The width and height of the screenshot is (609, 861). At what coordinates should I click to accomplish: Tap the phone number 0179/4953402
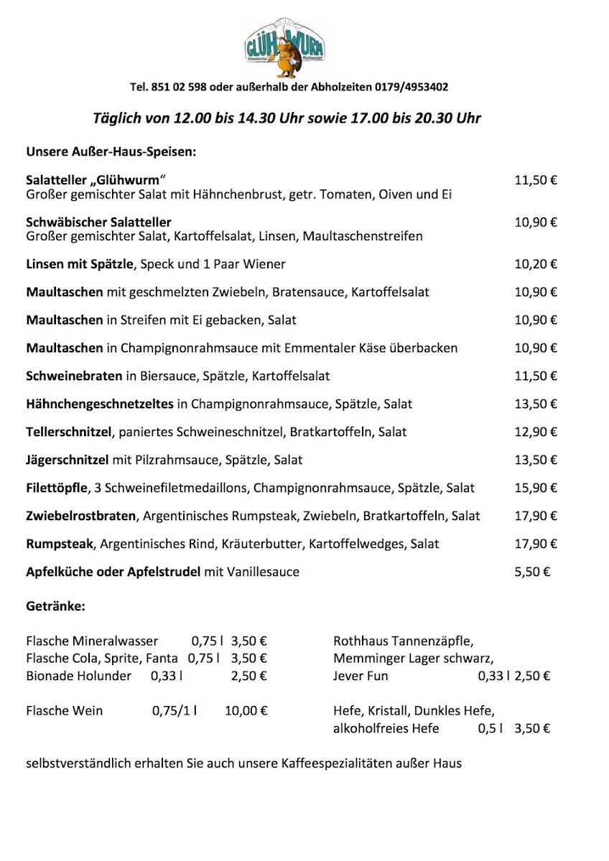coord(411,87)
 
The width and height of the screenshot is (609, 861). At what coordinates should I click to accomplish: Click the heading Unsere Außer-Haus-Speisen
coord(111,152)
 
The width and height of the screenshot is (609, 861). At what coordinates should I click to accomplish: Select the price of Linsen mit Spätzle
coord(536,264)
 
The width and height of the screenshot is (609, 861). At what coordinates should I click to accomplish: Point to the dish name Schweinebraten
coord(74,376)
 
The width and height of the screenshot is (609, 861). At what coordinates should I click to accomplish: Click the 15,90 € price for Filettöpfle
coord(536,488)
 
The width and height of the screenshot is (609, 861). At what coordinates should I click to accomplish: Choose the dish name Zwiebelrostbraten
coord(83,516)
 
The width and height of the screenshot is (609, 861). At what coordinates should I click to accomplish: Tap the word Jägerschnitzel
coord(68,460)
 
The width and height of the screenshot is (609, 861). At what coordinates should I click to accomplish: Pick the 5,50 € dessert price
coord(532,572)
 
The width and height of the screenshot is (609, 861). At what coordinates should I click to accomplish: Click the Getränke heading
coord(55,606)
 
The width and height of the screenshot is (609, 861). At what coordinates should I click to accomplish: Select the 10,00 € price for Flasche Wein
coord(246,711)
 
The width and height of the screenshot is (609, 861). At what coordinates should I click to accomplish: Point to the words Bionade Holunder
coord(79,676)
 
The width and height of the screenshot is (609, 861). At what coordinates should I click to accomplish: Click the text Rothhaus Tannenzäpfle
coord(403,641)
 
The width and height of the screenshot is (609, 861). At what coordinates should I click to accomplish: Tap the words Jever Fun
coord(361,676)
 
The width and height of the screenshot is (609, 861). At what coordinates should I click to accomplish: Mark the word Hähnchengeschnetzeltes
coord(100,404)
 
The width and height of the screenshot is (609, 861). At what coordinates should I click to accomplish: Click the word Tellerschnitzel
coord(69,432)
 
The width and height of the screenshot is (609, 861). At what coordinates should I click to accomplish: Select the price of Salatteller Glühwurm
coord(536,180)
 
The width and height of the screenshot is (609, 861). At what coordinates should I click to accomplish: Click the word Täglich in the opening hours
coord(116,118)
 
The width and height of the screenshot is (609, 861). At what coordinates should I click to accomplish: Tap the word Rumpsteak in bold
coord(60,544)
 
